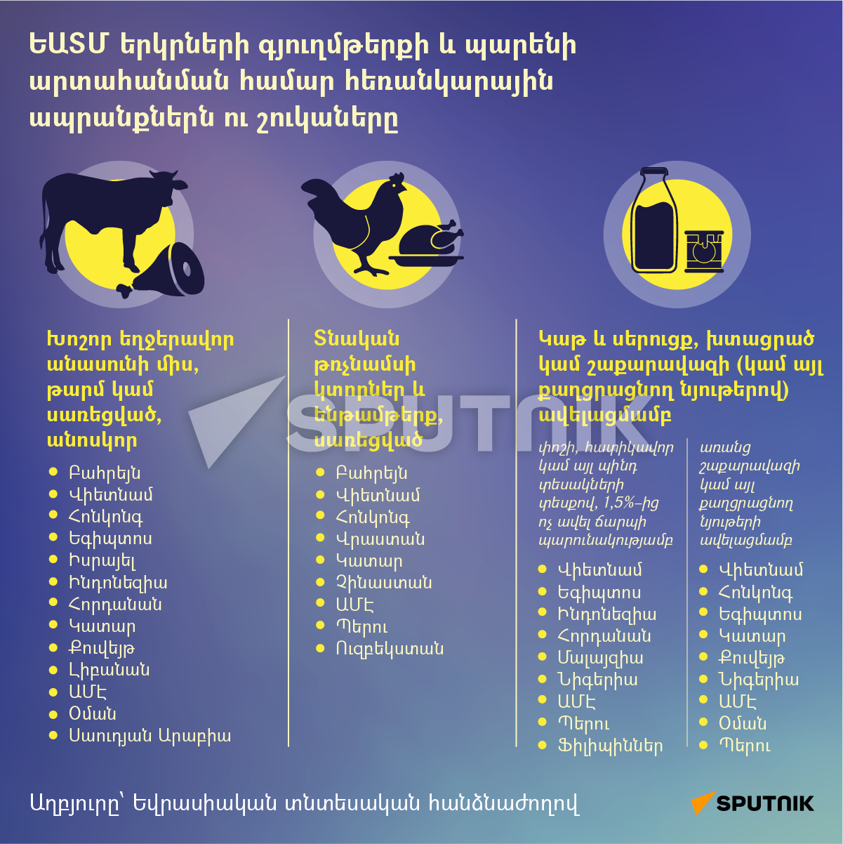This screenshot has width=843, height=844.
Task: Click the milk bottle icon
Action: pos(653,220)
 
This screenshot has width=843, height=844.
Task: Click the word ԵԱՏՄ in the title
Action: pos(68,45)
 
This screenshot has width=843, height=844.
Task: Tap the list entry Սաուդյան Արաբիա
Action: pos(150,736)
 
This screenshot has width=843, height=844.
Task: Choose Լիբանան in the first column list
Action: pos(109,670)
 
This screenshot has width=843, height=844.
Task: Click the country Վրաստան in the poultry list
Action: pos(380,539)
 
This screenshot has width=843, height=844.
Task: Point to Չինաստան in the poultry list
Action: pos(384,583)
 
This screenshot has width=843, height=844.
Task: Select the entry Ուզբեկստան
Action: pos(390,649)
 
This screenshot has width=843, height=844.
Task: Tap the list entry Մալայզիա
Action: pos(600,658)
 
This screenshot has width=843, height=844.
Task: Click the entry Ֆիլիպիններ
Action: pos(610,746)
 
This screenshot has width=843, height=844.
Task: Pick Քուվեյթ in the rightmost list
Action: pos(752,659)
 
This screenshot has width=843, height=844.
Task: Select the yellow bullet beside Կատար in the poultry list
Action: pos(321,560)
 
